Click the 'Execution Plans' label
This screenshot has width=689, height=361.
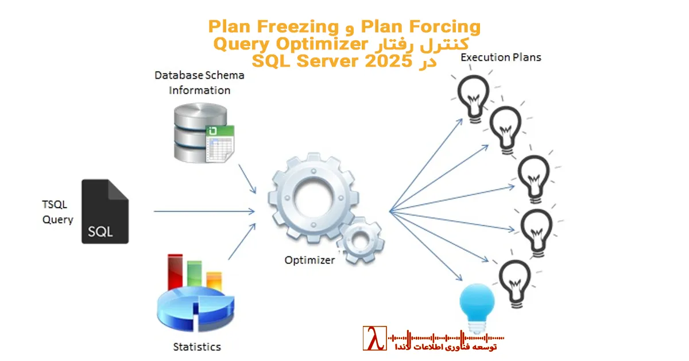point(501,57)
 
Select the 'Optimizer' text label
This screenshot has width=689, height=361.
point(309,260)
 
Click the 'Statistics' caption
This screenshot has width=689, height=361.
point(197,347)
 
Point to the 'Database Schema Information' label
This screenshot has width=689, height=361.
point(199,83)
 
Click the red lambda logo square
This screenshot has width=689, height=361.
point(374,339)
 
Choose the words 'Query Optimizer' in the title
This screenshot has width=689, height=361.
point(291,44)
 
